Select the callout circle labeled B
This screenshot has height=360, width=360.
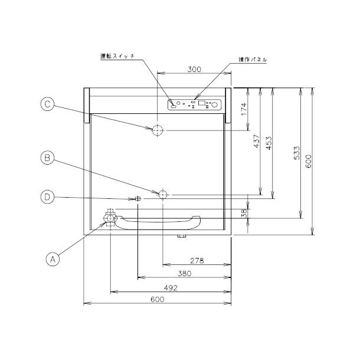48,157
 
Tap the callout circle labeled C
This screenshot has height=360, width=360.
48,104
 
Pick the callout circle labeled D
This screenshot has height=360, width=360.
48,197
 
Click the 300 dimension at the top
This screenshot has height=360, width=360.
194,69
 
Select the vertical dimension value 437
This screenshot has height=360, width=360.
257,141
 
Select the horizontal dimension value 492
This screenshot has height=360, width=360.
170,287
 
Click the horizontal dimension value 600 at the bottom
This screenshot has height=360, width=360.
156,299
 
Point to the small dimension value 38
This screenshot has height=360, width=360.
244,211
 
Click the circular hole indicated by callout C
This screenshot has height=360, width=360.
158,130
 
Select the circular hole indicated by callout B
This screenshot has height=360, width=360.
163,194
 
